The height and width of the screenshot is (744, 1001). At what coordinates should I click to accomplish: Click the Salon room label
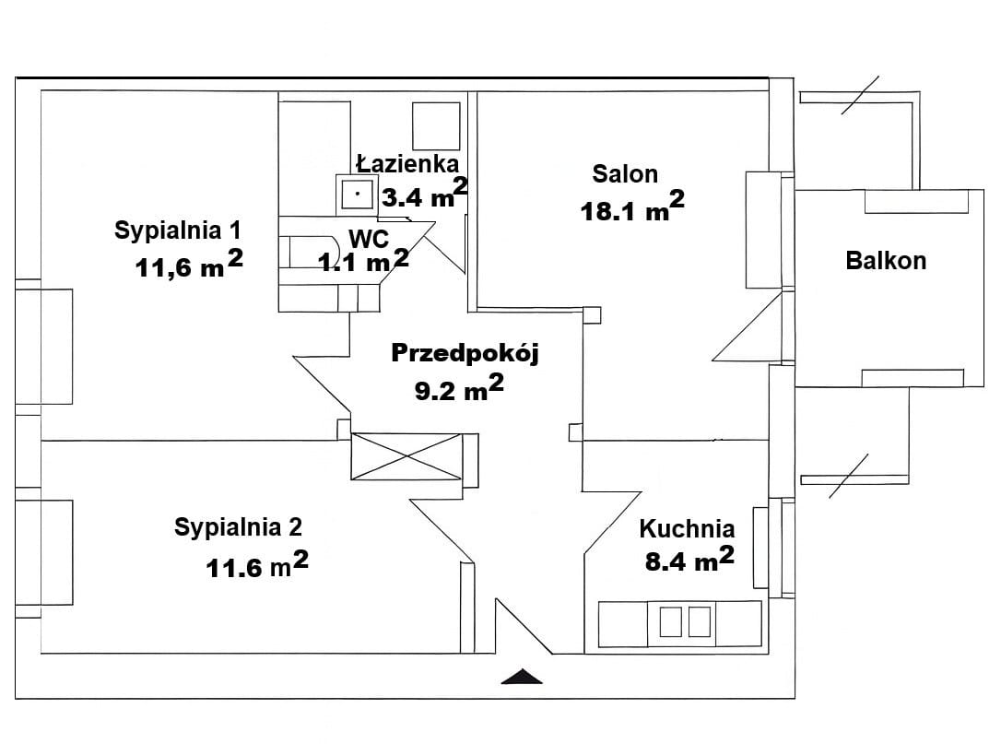coord(625,173)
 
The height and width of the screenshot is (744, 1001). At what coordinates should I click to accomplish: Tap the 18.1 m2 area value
coord(631,208)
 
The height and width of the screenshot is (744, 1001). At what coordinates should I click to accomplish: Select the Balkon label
coord(885,261)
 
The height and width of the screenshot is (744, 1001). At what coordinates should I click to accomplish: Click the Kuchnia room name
coord(687,529)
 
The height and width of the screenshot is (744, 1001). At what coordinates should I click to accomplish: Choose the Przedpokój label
coord(464,353)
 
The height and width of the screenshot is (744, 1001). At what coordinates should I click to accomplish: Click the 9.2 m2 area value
coord(459,389)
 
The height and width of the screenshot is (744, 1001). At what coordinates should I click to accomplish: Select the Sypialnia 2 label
coord(238,527)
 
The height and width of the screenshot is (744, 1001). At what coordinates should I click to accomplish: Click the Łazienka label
coord(407,164)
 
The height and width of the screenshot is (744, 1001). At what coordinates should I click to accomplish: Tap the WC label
coord(368,238)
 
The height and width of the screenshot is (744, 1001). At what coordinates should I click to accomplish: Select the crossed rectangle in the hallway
coord(406,456)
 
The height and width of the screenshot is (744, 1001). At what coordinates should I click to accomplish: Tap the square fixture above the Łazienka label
coord(435,124)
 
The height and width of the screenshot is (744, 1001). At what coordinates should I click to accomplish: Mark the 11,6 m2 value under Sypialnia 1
coord(189,266)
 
